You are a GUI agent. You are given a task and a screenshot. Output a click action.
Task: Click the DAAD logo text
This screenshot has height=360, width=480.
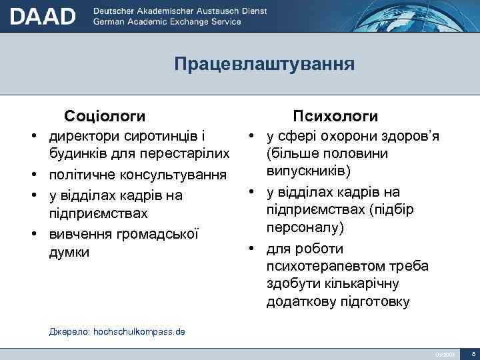click(x=43, y=15)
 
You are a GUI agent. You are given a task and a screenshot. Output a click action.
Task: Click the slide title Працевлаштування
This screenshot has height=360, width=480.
click(x=264, y=65)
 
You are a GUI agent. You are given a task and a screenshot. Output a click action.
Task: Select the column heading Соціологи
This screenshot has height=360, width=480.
click(x=105, y=116)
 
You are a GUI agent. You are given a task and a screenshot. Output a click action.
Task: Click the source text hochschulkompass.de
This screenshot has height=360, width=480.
click(x=139, y=331)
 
